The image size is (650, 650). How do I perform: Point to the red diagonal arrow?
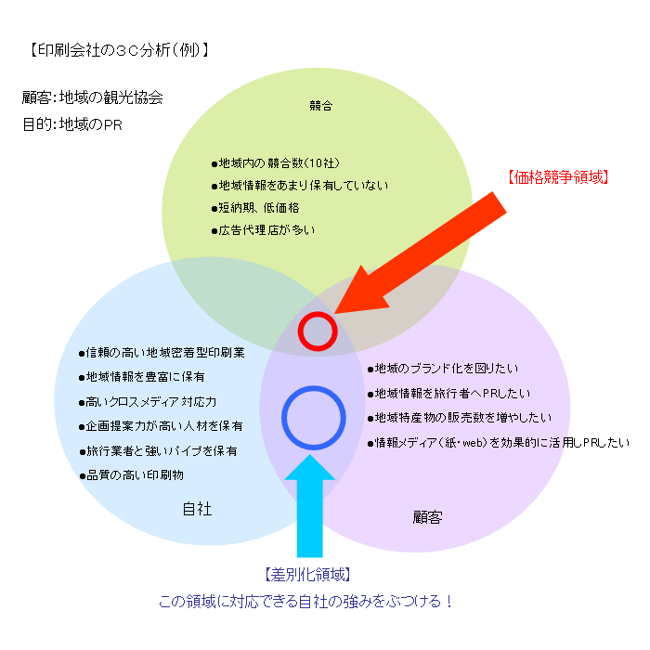(x=421, y=253)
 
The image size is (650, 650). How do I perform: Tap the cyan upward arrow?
(x=309, y=506)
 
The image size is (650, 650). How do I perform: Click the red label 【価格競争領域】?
(x=558, y=177)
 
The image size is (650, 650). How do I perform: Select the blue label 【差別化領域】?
(x=307, y=575)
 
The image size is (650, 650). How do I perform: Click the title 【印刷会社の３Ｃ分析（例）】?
(x=119, y=50)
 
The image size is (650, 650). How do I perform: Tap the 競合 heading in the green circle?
(x=321, y=106)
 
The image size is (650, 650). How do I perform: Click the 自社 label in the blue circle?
(x=197, y=509)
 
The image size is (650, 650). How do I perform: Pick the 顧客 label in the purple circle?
(x=427, y=517)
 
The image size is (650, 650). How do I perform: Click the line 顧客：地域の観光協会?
(x=93, y=97)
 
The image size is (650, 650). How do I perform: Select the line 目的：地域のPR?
(x=72, y=124)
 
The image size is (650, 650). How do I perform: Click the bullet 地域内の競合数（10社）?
(x=276, y=163)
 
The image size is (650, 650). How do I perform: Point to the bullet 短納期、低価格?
(x=255, y=208)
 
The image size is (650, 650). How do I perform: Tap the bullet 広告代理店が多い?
(x=263, y=230)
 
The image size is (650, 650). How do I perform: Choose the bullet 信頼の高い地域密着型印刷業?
(x=162, y=353)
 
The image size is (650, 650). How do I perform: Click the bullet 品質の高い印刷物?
(x=132, y=475)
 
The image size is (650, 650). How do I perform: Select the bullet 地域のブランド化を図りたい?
(x=443, y=369)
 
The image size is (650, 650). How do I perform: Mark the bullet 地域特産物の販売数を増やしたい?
(x=460, y=418)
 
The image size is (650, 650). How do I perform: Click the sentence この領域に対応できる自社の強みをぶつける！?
(x=305, y=601)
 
